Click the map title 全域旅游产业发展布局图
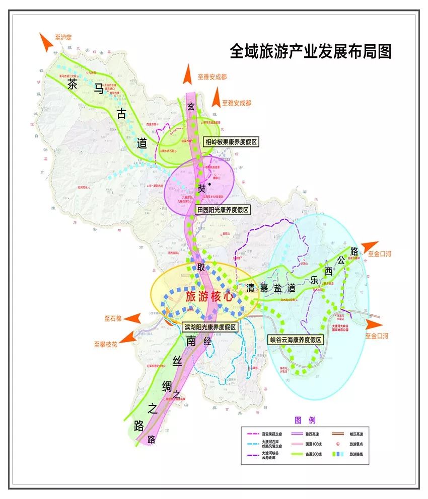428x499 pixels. [x=310, y=51]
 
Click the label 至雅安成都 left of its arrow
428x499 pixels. [x=212, y=77]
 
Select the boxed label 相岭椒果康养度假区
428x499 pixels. [x=230, y=142]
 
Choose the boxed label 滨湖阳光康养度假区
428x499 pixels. [x=210, y=326]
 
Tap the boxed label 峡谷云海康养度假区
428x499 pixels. [x=295, y=340]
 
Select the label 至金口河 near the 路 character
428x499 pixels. [x=379, y=254]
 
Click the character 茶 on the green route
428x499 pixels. [x=73, y=86]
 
